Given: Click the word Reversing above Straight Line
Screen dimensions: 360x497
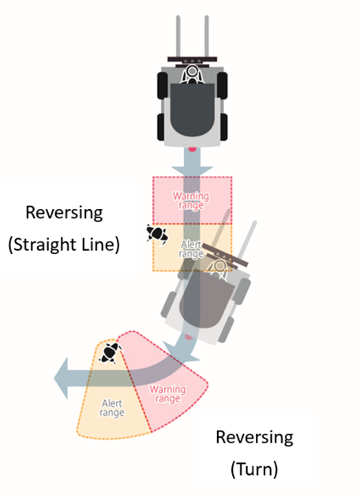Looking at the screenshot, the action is click(x=64, y=213).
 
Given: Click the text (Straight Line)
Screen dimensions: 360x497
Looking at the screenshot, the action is click(x=64, y=245).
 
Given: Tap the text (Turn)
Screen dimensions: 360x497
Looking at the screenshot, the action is click(x=254, y=469).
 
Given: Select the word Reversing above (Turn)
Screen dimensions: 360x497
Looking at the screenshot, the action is click(x=254, y=437).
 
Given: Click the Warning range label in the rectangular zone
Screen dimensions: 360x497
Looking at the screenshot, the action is click(x=191, y=200).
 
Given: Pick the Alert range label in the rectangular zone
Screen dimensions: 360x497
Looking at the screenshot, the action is click(x=191, y=249).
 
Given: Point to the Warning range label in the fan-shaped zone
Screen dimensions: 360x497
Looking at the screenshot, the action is click(x=168, y=394).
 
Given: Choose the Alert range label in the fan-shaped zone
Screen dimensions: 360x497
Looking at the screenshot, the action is click(x=112, y=408).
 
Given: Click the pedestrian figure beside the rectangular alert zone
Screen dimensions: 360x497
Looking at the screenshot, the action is click(x=157, y=234).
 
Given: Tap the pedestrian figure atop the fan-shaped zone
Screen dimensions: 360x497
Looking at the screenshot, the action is click(x=111, y=353).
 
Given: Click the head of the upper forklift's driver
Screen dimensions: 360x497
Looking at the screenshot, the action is click(x=192, y=71).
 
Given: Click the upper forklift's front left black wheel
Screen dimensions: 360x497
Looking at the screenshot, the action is click(x=163, y=85).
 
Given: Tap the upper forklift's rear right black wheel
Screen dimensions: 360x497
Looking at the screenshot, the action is click(x=223, y=127).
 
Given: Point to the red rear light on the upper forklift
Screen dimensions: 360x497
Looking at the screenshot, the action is click(x=192, y=148).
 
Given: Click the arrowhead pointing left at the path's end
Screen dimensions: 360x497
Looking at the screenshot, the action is click(x=62, y=378).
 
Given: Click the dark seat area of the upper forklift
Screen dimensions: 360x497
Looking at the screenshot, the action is click(x=192, y=110).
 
